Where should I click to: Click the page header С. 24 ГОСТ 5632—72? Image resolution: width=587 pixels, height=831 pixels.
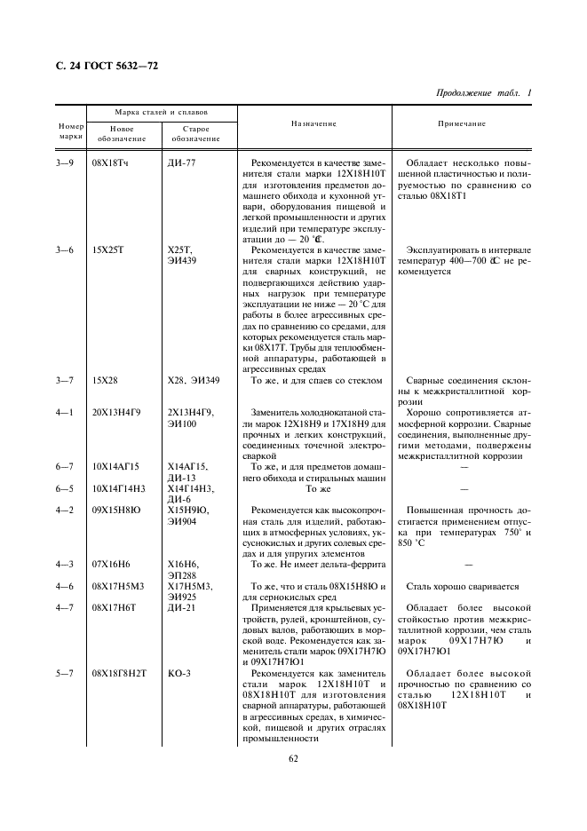pos(101,67)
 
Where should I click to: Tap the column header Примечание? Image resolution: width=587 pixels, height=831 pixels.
pos(462,124)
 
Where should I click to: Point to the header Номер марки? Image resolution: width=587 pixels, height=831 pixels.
pos(70,131)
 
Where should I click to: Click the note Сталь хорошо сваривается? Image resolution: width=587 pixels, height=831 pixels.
pos(462,586)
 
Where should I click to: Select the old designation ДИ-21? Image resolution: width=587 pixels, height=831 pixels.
pos(181,607)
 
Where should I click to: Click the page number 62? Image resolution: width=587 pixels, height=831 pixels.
pos(293,758)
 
